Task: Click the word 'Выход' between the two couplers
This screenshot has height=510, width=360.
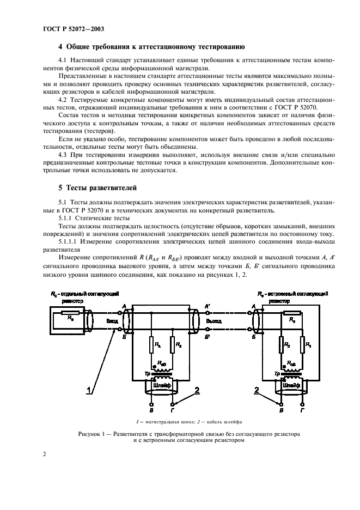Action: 214,321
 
